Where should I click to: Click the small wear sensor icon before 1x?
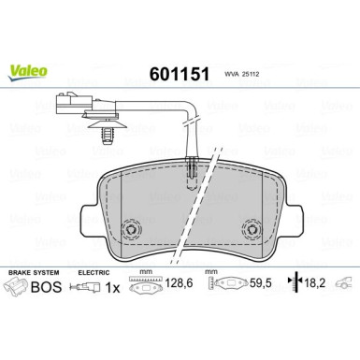pos(90,288)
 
